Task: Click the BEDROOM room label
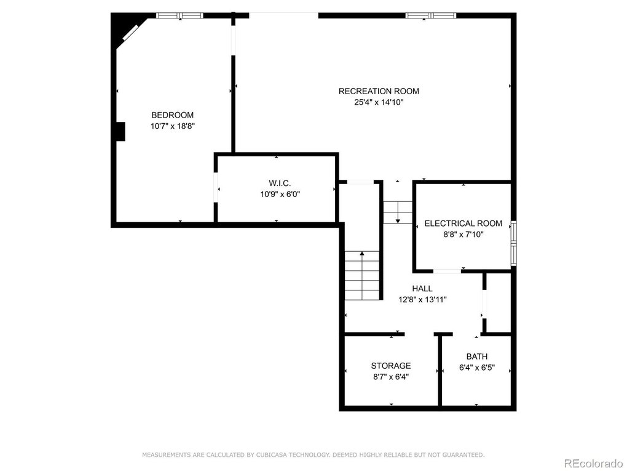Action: coord(172,115)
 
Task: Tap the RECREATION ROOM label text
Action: coord(379,91)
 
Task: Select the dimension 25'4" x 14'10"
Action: coord(379,103)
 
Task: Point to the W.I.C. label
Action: coord(280,183)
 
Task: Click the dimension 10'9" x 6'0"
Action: coord(280,195)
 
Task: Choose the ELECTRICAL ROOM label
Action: coord(463,223)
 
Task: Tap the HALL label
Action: coord(422,288)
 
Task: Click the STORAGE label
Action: coord(391,366)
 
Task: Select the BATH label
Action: coord(476,356)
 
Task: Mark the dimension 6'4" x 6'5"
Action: coord(476,368)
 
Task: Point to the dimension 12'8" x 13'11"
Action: coord(422,300)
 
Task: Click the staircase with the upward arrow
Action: coord(362,276)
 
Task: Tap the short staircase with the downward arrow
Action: coord(398,212)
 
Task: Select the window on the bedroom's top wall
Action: coord(179,15)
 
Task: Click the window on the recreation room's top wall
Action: coord(431,15)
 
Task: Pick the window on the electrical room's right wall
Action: coord(514,244)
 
